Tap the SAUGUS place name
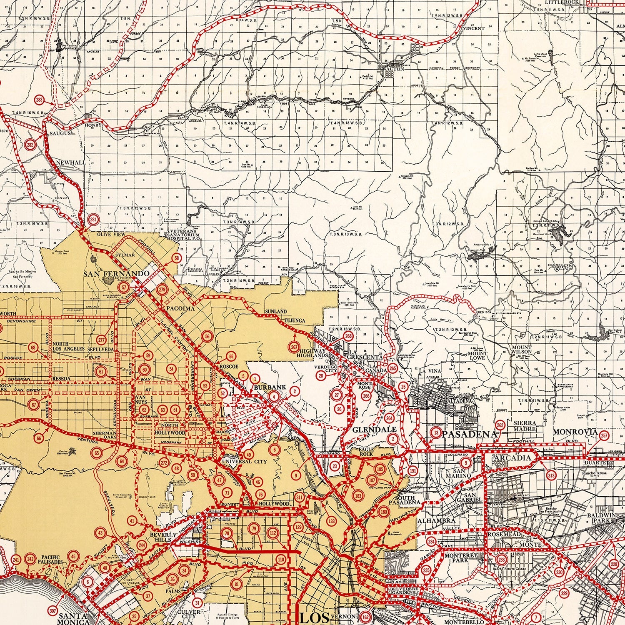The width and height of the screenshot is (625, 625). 61,133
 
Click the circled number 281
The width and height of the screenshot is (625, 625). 94,220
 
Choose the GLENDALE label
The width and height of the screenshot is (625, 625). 368,429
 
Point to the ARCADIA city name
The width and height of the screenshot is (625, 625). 512,458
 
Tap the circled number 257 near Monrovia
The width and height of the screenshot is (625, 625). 605,436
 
